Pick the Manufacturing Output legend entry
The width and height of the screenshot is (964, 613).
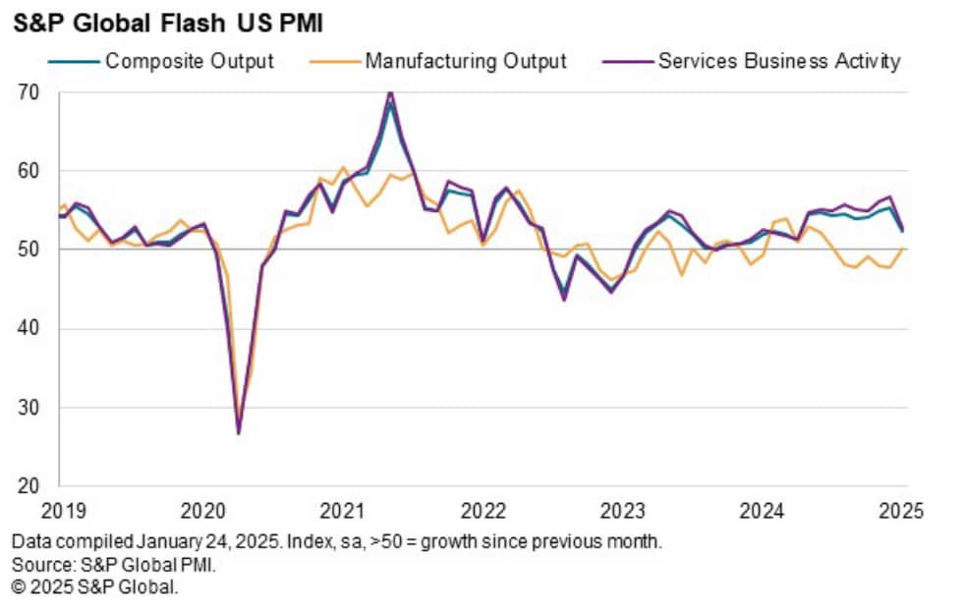tap(466, 61)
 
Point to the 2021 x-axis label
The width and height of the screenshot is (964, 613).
tap(343, 511)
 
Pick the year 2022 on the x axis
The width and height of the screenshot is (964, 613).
tap(482, 511)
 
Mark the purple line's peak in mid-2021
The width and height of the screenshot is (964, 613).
tap(390, 92)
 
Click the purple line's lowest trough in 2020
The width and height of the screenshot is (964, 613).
tap(239, 433)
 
